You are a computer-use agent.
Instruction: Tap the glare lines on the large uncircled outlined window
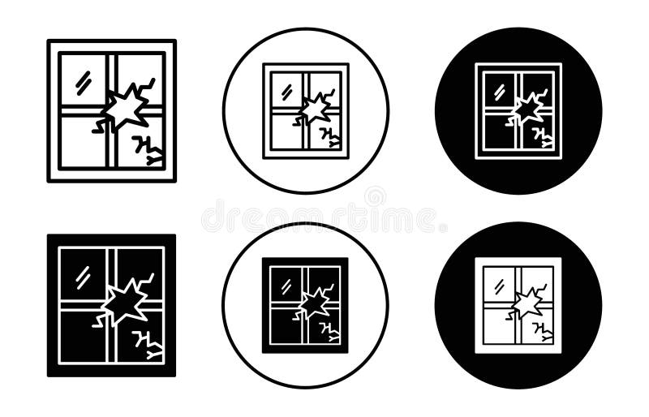point(83,80)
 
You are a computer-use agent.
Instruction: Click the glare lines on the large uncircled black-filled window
point(83,276)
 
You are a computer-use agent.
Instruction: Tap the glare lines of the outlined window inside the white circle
point(286,91)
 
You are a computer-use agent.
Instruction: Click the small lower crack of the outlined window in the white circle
point(329,135)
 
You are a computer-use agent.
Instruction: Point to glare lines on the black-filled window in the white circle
point(286,286)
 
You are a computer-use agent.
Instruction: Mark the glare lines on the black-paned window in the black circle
point(498,89)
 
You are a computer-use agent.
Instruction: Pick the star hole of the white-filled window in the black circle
point(527,303)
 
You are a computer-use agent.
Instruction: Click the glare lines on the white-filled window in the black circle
point(498,285)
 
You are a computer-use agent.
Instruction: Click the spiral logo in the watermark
point(375,197)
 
